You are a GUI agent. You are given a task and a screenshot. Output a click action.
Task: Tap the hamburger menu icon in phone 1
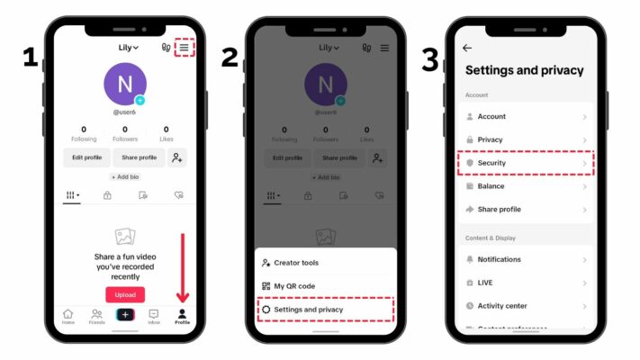(184, 48)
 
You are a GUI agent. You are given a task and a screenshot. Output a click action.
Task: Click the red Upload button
(125, 294)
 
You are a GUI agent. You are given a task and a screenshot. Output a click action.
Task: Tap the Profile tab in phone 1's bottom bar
(183, 316)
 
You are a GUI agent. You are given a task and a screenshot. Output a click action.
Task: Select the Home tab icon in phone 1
(68, 316)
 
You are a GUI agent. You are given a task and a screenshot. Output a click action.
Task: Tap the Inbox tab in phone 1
(154, 316)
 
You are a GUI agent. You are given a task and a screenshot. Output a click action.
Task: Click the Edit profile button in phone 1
(86, 157)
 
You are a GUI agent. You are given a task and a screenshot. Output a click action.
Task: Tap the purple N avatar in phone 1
(125, 84)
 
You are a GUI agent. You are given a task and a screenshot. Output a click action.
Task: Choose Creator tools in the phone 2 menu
(296, 263)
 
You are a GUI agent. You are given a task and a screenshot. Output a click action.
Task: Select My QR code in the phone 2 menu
(294, 285)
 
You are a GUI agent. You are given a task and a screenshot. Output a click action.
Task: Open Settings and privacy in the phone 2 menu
(308, 310)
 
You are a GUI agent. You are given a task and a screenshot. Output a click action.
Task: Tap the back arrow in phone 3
(466, 48)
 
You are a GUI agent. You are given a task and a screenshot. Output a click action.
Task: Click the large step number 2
(230, 59)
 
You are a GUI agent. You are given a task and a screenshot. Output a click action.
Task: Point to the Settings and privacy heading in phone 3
(524, 70)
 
